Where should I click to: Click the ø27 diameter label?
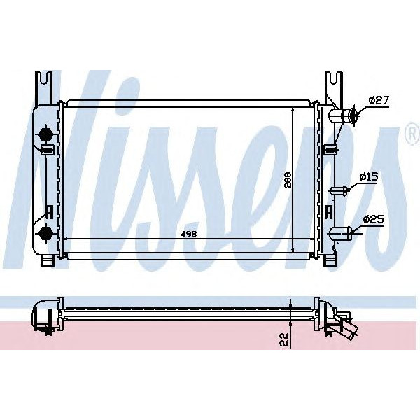pyautogui.click(x=378, y=101)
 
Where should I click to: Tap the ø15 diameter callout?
pyautogui.click(x=369, y=178)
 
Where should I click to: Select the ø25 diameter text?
pyautogui.click(x=374, y=220)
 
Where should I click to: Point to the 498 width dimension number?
pyautogui.click(x=188, y=233)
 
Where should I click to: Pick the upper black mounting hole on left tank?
pyautogui.click(x=47, y=132)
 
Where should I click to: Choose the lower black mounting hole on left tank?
pyautogui.click(x=47, y=232)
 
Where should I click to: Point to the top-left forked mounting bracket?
pyautogui.click(x=45, y=87)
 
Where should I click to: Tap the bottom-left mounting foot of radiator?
pyautogui.click(x=48, y=260)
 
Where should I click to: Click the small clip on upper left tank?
pyautogui.click(x=47, y=149)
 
